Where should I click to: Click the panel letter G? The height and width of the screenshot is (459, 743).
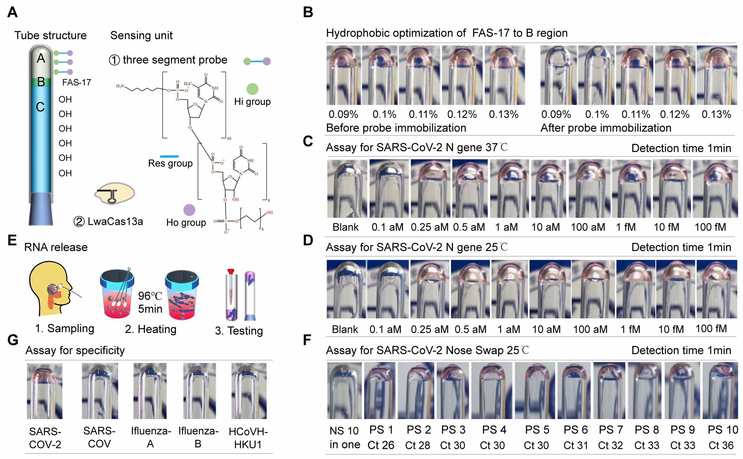pyautogui.click(x=13, y=340)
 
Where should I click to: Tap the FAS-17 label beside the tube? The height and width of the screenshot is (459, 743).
pyautogui.click(x=77, y=82)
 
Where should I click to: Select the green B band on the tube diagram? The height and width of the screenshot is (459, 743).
pyautogui.click(x=41, y=82)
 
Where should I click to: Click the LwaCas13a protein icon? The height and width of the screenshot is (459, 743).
pyautogui.click(x=114, y=193)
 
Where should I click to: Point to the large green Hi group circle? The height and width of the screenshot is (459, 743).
pyautogui.click(x=252, y=89)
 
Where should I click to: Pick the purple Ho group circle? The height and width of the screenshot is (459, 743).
pyautogui.click(x=189, y=210)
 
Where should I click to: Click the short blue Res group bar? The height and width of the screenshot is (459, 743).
pyautogui.click(x=169, y=156)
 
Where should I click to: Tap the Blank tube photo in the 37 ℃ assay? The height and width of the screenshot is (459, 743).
pyautogui.click(x=347, y=189)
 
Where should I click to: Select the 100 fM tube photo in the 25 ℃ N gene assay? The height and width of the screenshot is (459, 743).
pyautogui.click(x=717, y=289)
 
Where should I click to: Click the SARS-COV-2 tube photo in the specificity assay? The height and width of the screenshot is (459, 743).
pyautogui.click(x=45, y=391)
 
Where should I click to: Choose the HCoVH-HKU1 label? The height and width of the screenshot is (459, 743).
pyautogui.click(x=248, y=438)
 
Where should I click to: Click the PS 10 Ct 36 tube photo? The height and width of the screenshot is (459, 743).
pyautogui.click(x=720, y=390)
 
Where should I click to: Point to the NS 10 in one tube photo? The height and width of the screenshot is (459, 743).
pyautogui.click(x=344, y=390)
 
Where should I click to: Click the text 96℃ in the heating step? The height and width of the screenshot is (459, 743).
pyautogui.click(x=150, y=296)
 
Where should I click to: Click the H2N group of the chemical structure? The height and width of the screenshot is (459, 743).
pyautogui.click(x=120, y=86)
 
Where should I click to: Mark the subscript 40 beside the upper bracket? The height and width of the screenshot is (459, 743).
pyautogui.click(x=229, y=139)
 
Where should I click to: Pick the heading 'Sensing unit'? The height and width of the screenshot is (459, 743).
pyautogui.click(x=141, y=36)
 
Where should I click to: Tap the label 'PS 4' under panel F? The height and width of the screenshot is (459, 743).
pyautogui.click(x=494, y=430)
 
